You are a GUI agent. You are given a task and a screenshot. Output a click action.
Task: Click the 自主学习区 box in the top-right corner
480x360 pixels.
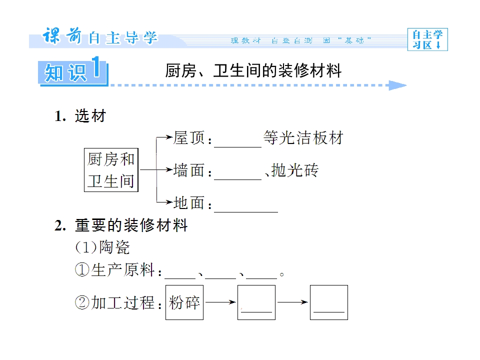427,39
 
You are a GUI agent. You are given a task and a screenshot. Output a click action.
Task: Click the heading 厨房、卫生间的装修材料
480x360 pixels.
253,71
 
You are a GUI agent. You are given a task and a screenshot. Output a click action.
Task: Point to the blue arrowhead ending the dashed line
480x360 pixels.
397,85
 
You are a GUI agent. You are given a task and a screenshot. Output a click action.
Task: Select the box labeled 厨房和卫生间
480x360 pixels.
111,170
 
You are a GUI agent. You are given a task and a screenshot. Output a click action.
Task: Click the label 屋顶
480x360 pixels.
189,138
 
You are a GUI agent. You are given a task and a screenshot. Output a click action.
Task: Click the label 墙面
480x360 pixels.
189,170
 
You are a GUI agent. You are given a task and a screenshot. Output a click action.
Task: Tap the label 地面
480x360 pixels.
189,203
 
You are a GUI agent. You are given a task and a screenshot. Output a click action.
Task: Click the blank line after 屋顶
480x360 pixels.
237,147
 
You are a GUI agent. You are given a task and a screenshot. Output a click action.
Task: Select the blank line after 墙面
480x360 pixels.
237,179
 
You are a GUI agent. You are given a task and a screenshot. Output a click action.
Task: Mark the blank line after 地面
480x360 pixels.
246,212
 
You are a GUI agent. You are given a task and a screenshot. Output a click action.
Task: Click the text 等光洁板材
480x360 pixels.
303,138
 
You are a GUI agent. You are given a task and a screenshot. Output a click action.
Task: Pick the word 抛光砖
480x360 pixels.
295,170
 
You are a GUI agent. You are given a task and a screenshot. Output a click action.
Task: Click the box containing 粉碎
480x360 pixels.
184,302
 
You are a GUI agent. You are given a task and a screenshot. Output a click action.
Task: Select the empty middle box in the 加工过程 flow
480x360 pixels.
256,302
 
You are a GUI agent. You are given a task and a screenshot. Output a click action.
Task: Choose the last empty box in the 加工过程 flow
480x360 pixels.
329,302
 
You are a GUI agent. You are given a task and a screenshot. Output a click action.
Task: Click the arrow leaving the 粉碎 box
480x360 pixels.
220,302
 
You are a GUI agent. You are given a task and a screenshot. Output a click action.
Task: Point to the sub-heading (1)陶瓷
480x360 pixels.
102,247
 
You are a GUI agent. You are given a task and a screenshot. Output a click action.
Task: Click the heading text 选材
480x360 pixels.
90,116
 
